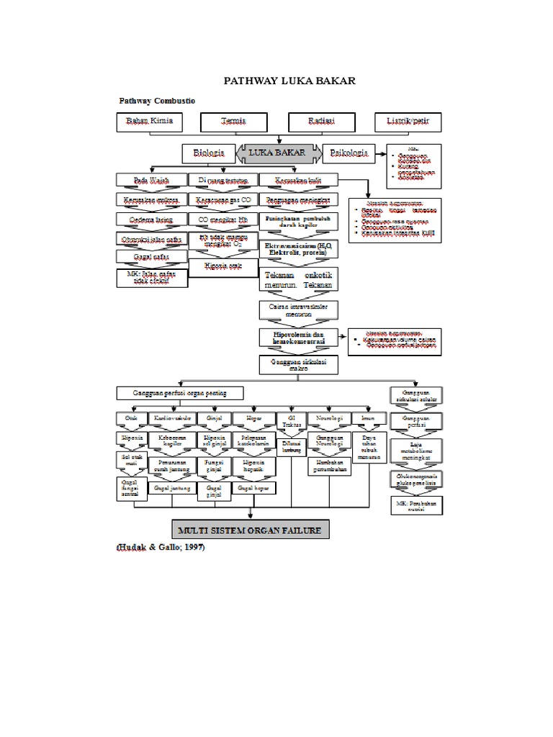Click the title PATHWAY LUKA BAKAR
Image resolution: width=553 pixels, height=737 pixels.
pos(291,81)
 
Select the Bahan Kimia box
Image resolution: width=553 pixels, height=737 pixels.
pos(150,122)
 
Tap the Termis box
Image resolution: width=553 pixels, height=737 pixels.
pos(234,122)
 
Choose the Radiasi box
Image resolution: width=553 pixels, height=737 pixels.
pos(321,122)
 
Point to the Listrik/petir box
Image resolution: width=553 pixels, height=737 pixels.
pos(408,122)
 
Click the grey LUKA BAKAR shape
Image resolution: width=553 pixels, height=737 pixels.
pos(277,153)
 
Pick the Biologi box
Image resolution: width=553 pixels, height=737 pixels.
pos(209,153)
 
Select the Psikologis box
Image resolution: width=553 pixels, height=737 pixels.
pos(349,153)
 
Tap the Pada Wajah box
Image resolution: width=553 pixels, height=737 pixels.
pos(150,179)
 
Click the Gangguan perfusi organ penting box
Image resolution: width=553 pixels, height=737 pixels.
pos(179,393)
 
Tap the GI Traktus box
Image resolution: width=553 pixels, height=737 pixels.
pos(292,422)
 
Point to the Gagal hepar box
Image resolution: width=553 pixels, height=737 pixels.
pos(253,489)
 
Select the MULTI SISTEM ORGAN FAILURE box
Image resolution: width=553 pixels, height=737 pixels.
pos(250,530)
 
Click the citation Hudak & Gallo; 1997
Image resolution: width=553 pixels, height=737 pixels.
pos(161,548)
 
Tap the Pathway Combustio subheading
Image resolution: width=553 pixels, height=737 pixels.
pos(156,101)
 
